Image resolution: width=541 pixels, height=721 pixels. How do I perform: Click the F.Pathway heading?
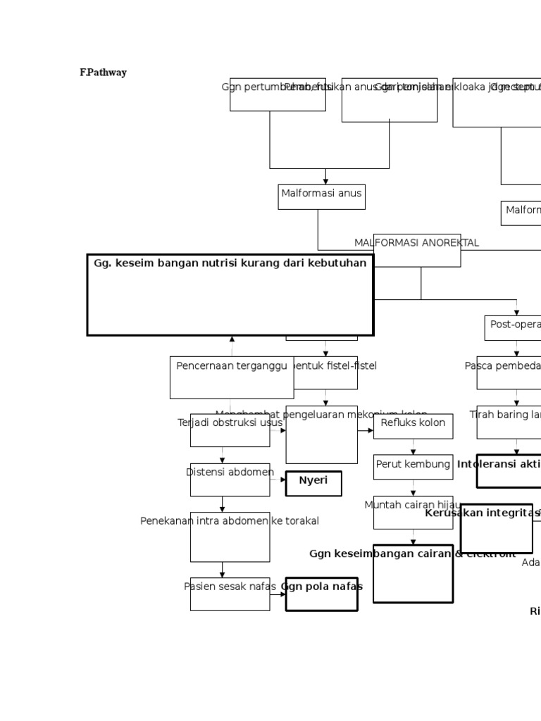click(x=103, y=73)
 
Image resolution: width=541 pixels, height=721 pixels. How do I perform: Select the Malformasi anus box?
click(x=321, y=196)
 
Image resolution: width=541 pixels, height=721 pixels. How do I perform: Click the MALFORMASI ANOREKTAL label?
click(x=416, y=243)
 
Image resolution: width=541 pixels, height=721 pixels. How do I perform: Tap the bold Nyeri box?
click(x=313, y=484)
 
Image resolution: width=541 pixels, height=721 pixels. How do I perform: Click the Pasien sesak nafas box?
click(x=230, y=594)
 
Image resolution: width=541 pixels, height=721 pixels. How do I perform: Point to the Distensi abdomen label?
click(x=230, y=472)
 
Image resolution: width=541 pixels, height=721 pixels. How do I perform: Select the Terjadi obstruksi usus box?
click(x=230, y=430)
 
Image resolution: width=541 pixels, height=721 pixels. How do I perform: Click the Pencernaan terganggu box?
click(x=232, y=377)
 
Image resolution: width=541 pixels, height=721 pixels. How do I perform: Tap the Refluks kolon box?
click(x=413, y=426)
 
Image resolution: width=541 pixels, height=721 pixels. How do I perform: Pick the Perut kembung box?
click(x=413, y=466)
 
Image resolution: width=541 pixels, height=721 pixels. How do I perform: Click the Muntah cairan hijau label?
click(x=413, y=505)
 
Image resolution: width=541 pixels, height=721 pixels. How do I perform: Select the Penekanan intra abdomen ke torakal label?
click(x=230, y=521)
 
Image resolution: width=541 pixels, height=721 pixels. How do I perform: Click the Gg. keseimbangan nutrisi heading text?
click(x=230, y=263)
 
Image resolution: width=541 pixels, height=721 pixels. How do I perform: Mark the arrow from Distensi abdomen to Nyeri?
click(x=278, y=480)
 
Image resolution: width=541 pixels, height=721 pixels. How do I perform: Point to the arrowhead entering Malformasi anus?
click(x=325, y=181)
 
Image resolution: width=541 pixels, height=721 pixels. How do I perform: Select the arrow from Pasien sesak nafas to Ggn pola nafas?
click(x=278, y=594)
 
